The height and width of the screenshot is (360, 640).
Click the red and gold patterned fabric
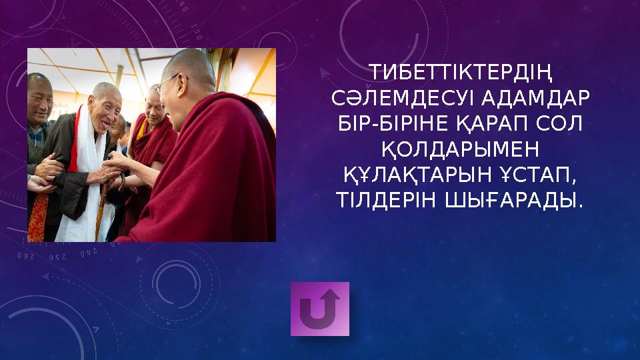pos(37,217)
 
